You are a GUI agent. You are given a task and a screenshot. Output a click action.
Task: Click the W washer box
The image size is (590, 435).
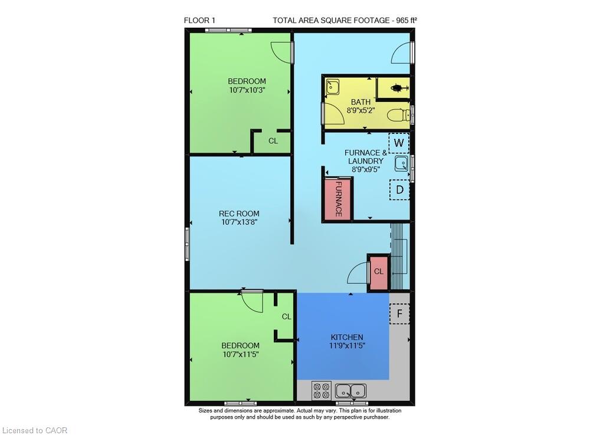pos(399,143)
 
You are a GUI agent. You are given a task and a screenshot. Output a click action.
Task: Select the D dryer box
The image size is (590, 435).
pos(399,189)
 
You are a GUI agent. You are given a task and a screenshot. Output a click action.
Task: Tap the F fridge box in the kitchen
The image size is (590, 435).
pos(399,313)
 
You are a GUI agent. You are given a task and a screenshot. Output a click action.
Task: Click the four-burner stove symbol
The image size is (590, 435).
pos(322,391)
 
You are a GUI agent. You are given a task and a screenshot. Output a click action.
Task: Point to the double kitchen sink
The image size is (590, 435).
pos(350,391)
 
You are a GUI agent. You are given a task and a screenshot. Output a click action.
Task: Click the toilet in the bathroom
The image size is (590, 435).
pos(399,115)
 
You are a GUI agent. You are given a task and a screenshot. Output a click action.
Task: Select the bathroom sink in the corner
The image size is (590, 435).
pos(332,87)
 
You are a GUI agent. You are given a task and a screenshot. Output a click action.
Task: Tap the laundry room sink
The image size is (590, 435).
pos(401,163)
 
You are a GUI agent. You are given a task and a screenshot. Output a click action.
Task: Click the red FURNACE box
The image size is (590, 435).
pos(338,199)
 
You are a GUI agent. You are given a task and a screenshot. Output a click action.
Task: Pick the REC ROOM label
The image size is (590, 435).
pos(239,213)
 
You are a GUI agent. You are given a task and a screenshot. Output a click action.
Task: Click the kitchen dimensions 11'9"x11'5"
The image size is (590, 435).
pos(347,346)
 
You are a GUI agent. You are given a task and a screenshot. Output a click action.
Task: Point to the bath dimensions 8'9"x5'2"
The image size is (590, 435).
pos(361,110)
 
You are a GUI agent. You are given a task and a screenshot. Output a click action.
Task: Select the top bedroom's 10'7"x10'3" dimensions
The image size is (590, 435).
pos(247,90)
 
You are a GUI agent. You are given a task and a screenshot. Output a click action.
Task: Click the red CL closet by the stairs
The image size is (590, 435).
pos(379,272)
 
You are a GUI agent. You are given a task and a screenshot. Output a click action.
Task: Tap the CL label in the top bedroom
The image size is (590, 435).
pos(273,140)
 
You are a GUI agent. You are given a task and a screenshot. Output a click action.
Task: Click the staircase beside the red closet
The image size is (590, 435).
pos(399,256)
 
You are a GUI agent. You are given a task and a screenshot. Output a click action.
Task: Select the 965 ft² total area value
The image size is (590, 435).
pos(407,20)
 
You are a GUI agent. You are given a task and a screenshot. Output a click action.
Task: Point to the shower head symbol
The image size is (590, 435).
pos(398,89)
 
